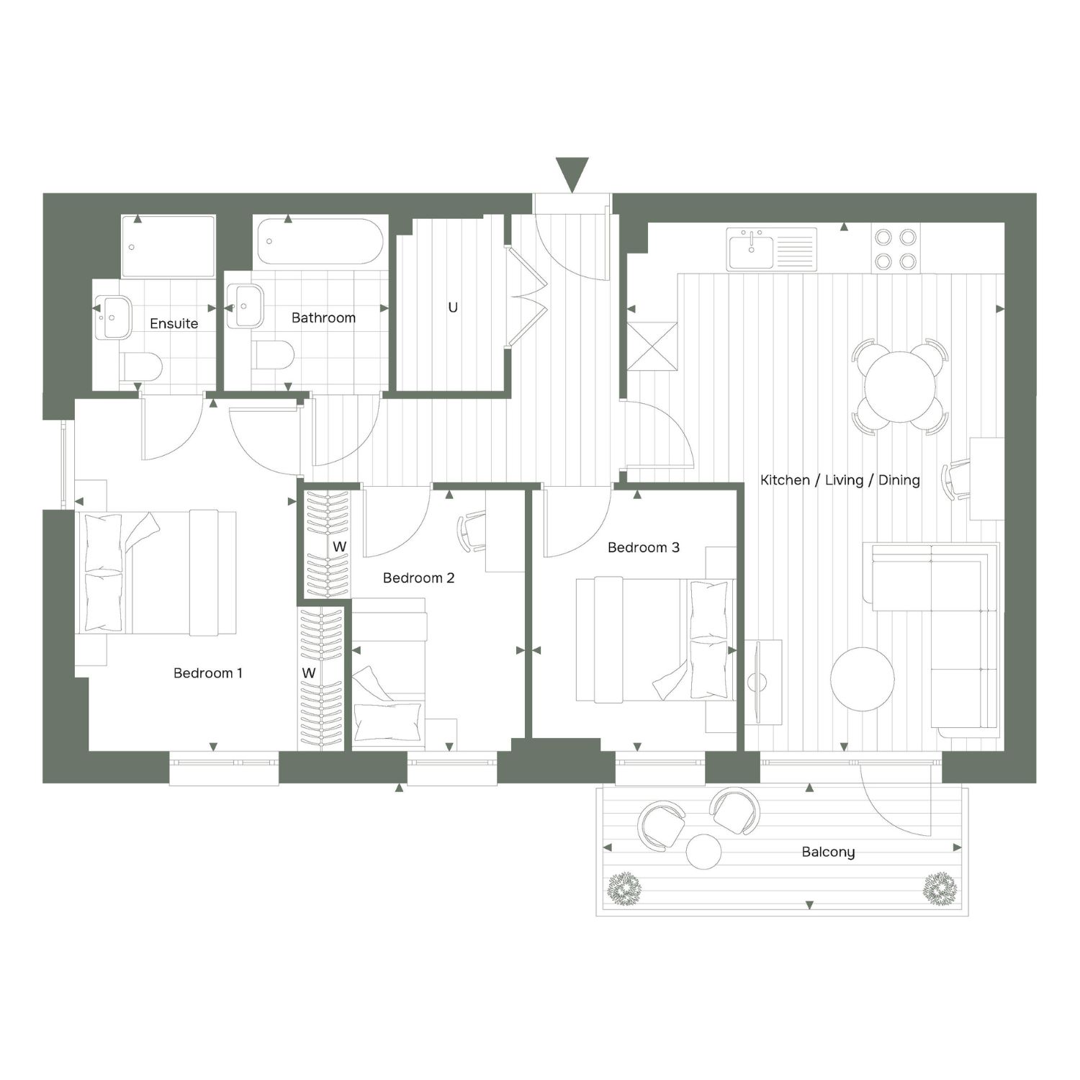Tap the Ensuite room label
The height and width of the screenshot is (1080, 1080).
click(x=174, y=323)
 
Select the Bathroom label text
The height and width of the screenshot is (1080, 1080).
click(x=323, y=318)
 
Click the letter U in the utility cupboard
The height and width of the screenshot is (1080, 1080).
click(x=453, y=307)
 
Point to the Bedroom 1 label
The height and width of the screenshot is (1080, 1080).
click(x=208, y=673)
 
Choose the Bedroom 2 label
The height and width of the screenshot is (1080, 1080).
click(x=418, y=577)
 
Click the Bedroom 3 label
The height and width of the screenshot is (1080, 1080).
click(x=643, y=547)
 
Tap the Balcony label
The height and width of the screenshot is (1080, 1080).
click(x=828, y=852)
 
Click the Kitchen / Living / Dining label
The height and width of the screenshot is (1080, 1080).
click(x=840, y=480)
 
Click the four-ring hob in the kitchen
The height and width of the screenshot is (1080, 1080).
click(x=896, y=249)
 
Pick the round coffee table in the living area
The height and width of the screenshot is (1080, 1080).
click(x=863, y=679)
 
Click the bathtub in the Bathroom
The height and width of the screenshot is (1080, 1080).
click(x=320, y=243)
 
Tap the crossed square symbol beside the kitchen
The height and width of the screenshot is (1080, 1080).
click(x=652, y=346)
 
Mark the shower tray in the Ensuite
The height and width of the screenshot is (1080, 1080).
click(x=168, y=246)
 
